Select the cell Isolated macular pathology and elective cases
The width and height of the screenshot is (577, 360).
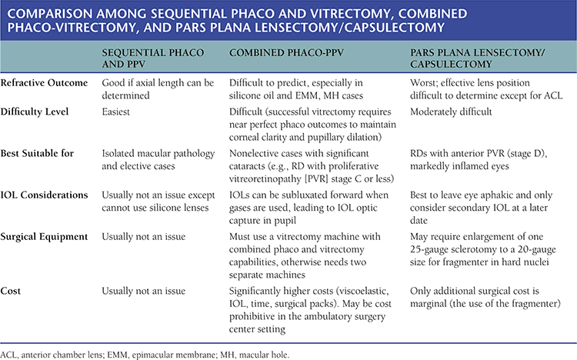(x=157, y=161)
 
